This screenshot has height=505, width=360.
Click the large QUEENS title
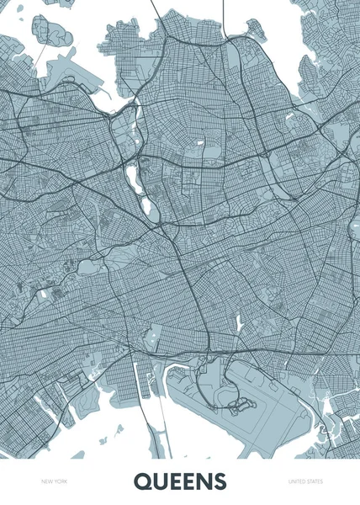tap(180, 481)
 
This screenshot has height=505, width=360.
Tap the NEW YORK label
tap(55, 481)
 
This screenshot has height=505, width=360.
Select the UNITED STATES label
tap(305, 481)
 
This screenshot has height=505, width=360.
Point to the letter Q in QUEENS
tap(140, 481)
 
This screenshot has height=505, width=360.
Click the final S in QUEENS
tap(220, 481)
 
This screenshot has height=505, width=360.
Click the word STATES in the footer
tap(313, 481)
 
